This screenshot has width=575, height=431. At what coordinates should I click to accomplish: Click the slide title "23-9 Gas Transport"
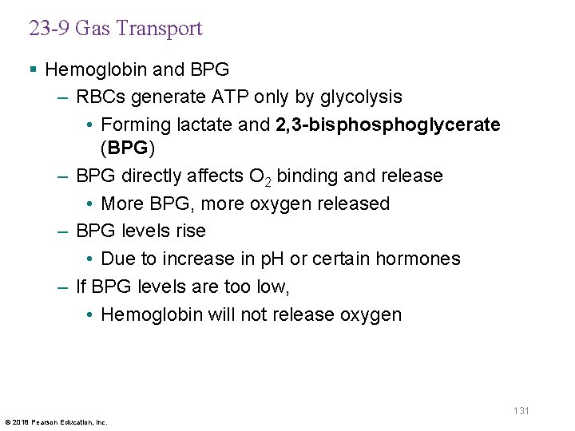116,29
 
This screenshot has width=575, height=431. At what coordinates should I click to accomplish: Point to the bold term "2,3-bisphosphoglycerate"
388,125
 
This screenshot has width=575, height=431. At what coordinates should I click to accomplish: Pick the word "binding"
312,176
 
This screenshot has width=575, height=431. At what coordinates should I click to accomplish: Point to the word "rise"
192,231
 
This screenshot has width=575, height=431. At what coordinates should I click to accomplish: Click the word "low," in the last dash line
274,287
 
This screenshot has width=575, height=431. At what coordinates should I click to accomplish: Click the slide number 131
521,410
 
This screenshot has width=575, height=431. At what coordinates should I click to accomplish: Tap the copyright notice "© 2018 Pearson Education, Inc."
55,421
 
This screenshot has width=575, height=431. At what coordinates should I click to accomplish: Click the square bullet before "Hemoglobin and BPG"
32,70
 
